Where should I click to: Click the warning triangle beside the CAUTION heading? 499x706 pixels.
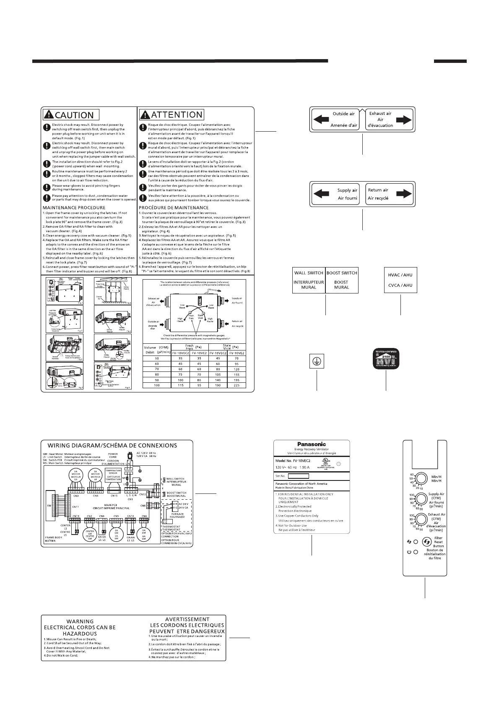(x=49, y=114)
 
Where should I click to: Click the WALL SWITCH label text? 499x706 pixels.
(x=309, y=273)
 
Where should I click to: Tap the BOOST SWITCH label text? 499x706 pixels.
(x=342, y=273)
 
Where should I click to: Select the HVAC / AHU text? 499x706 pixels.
(x=400, y=275)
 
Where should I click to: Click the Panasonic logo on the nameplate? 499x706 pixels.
(x=312, y=444)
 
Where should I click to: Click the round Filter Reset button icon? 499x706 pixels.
(x=426, y=542)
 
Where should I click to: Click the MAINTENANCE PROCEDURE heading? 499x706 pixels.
(x=74, y=208)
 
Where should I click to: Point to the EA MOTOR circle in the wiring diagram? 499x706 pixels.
(x=77, y=477)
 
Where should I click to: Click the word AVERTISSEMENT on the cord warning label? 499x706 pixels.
(x=187, y=619)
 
